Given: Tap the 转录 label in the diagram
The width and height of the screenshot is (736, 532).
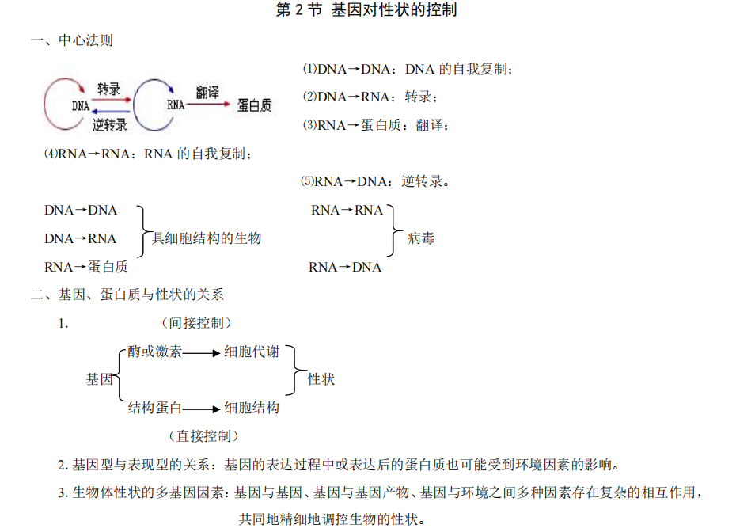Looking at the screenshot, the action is (108, 89).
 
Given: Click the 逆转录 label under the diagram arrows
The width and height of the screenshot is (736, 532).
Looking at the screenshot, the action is (109, 124).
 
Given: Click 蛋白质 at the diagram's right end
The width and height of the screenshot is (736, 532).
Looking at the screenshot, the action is (254, 104).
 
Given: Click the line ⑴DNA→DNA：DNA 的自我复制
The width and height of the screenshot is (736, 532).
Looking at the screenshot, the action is (408, 69).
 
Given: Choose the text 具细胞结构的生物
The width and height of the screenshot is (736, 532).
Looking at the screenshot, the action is (207, 238).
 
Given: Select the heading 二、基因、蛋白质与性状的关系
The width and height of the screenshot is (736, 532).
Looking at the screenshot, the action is (127, 294).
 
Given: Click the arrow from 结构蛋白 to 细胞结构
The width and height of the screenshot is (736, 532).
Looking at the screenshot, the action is (202, 409).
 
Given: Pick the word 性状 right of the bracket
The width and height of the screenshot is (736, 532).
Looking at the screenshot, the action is (321, 379).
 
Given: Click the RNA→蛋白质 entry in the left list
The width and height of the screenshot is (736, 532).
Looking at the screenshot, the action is (86, 267).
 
